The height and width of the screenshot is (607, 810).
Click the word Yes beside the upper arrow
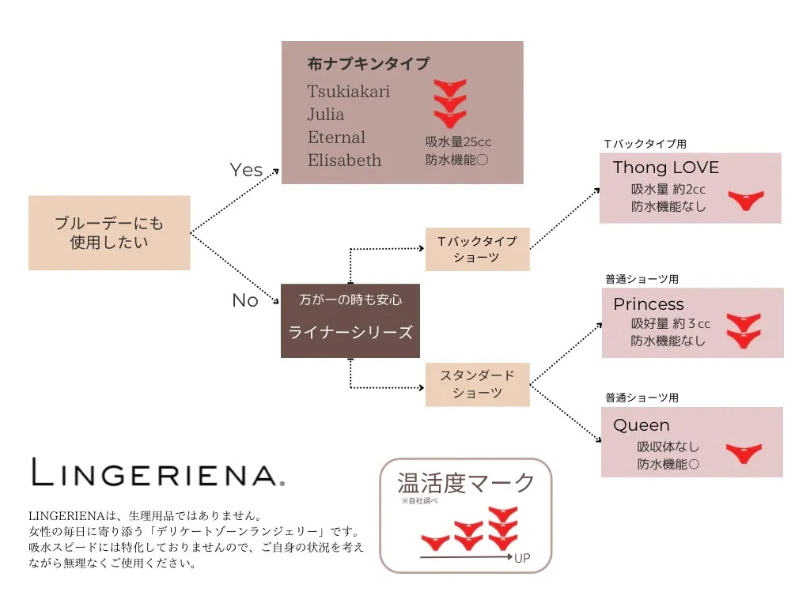click(246, 170)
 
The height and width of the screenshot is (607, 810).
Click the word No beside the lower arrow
click(245, 300)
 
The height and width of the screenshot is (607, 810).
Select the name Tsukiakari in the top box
click(349, 92)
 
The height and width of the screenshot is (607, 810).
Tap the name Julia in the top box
click(325, 114)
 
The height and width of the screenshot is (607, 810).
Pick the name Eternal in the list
click(336, 138)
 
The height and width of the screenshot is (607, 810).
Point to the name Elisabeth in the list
click(345, 160)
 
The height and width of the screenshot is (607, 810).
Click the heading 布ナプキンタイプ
click(369, 63)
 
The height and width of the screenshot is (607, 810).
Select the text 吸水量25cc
click(458, 142)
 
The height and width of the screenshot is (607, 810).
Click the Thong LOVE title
click(666, 168)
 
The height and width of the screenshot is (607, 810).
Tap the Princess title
click(649, 304)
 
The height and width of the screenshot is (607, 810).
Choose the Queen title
click(642, 425)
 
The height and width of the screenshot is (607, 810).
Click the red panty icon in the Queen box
click(744, 453)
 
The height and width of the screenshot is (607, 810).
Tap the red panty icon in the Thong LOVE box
click(746, 200)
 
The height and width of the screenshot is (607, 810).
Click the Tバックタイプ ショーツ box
click(477, 249)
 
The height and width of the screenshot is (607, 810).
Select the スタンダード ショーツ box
click(477, 385)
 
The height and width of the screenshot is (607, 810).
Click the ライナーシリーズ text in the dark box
click(350, 332)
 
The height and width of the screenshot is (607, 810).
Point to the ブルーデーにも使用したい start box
click(109, 233)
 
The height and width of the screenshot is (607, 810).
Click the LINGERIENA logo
click(158, 472)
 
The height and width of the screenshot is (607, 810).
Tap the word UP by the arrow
click(522, 558)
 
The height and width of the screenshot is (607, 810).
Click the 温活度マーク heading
click(466, 483)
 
